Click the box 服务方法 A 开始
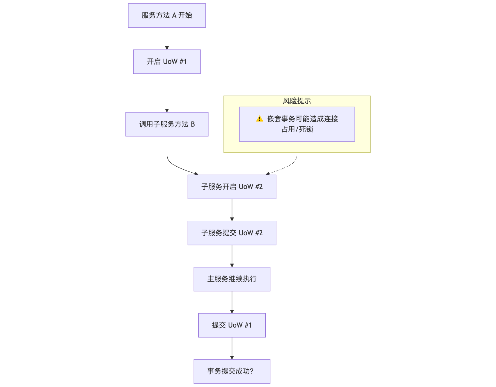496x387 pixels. click(x=167, y=16)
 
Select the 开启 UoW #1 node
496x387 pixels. click(x=167, y=62)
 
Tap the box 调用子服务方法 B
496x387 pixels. click(x=167, y=124)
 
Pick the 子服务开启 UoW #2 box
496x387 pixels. click(x=232, y=187)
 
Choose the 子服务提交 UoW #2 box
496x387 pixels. click(x=232, y=233)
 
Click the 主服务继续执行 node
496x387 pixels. click(x=232, y=279)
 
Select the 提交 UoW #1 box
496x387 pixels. click(x=232, y=325)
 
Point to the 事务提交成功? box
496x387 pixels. click(x=232, y=371)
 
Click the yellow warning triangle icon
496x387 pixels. click(x=260, y=119)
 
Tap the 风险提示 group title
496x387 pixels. click(x=297, y=101)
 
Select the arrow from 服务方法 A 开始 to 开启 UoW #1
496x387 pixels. click(x=167, y=38)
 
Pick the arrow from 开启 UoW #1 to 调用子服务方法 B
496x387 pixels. click(x=167, y=93)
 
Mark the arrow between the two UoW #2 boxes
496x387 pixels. click(x=232, y=210)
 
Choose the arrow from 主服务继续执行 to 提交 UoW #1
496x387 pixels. click(x=232, y=302)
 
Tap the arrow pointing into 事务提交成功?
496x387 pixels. click(x=232, y=348)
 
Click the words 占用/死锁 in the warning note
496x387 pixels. click(x=297, y=129)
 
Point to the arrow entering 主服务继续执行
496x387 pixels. click(x=232, y=256)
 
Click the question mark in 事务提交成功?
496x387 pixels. click(x=252, y=371)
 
